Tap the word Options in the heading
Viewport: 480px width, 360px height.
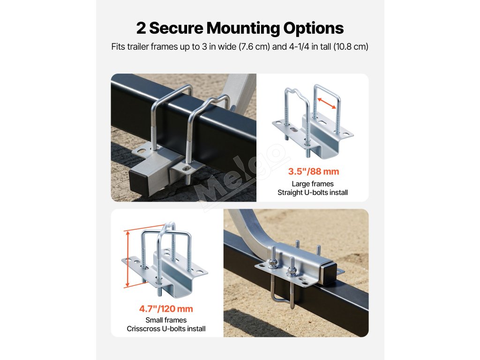[313, 28]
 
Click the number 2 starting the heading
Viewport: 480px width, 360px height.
[141, 28]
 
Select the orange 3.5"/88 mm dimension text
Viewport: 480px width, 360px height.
[313, 172]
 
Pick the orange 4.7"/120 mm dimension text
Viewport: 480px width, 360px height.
[166, 309]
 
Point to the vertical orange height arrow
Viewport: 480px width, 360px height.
[127, 259]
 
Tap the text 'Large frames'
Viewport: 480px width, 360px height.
[313, 184]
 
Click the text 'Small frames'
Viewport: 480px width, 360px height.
[166, 320]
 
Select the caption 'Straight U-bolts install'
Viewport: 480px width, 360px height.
[313, 193]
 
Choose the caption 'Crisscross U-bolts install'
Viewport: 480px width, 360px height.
[166, 329]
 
